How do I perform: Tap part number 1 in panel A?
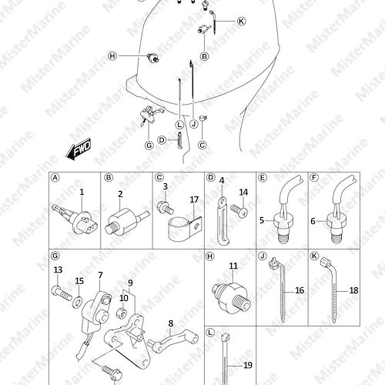(x=82, y=192)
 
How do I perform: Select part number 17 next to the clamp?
(x=194, y=199)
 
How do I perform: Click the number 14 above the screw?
(x=243, y=192)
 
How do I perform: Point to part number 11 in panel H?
(x=233, y=266)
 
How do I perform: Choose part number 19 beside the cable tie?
(x=248, y=365)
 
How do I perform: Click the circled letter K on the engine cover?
(x=241, y=21)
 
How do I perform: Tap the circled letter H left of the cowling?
(x=112, y=56)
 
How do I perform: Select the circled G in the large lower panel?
(x=55, y=256)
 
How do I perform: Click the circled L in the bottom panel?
(x=210, y=333)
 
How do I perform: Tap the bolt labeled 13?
(x=62, y=293)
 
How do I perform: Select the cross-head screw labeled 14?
(x=239, y=210)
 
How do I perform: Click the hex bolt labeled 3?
(x=165, y=207)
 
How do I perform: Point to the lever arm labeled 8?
(x=172, y=342)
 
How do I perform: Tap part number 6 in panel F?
(x=313, y=221)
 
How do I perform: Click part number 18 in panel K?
(x=353, y=290)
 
